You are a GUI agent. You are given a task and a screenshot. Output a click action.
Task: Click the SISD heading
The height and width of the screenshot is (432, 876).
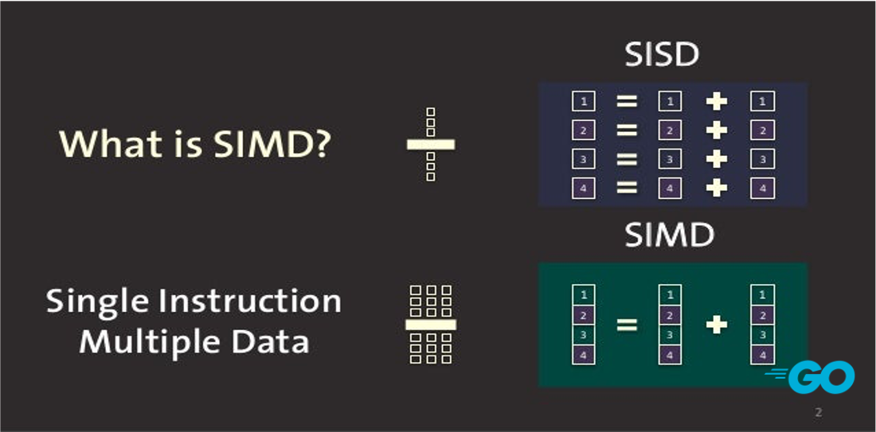[x=663, y=55]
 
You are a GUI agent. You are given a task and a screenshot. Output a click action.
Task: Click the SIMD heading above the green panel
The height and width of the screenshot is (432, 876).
[x=669, y=235]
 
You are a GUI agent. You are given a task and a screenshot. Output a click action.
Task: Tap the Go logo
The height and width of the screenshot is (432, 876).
[x=811, y=377]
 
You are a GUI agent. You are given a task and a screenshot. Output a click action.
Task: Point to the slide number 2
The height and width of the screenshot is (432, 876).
[x=819, y=413]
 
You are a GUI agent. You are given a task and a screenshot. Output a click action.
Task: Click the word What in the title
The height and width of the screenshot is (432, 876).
[x=102, y=145]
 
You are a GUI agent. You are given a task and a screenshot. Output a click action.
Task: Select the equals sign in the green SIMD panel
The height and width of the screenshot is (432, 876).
[x=627, y=325]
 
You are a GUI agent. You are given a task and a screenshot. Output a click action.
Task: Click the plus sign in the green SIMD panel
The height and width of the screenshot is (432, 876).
[x=716, y=325]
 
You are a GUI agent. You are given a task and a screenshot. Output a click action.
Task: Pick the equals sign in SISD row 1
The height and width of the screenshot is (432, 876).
[x=627, y=101]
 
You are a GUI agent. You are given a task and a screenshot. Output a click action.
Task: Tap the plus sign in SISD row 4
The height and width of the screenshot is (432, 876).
[x=716, y=188]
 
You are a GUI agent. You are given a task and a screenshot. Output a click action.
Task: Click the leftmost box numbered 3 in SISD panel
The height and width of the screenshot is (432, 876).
[x=583, y=159]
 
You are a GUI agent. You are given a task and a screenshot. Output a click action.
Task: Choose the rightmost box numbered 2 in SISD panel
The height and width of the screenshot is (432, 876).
[x=763, y=130]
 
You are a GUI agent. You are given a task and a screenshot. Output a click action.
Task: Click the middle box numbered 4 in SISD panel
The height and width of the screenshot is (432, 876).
[x=670, y=188]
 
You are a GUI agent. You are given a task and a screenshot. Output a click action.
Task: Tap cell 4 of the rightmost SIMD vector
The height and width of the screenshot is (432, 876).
[x=763, y=354]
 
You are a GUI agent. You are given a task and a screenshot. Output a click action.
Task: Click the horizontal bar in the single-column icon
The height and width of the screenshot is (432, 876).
[x=431, y=145]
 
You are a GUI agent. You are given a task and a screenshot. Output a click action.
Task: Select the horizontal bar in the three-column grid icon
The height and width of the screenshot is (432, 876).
[x=431, y=325]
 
